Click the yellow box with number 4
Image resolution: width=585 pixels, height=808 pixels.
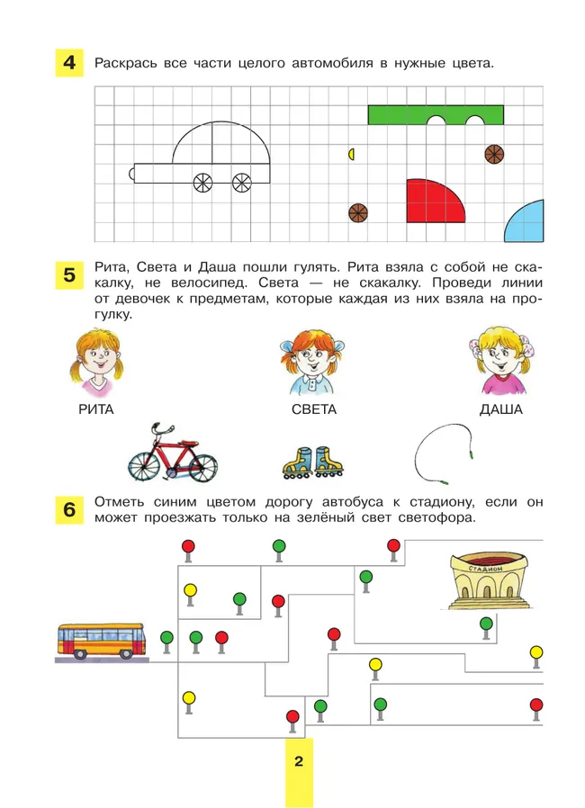68,64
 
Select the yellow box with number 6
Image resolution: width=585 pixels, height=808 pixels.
68,510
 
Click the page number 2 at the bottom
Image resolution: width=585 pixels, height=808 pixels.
298,762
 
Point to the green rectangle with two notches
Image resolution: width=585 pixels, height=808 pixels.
435,114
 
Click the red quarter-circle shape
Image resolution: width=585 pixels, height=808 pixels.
433,201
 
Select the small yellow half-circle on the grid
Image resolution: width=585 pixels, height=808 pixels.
352,154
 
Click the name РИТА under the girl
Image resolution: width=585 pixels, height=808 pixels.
96,409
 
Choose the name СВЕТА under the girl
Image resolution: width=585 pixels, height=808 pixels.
314,409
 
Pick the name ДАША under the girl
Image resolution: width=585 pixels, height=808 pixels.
500,409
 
